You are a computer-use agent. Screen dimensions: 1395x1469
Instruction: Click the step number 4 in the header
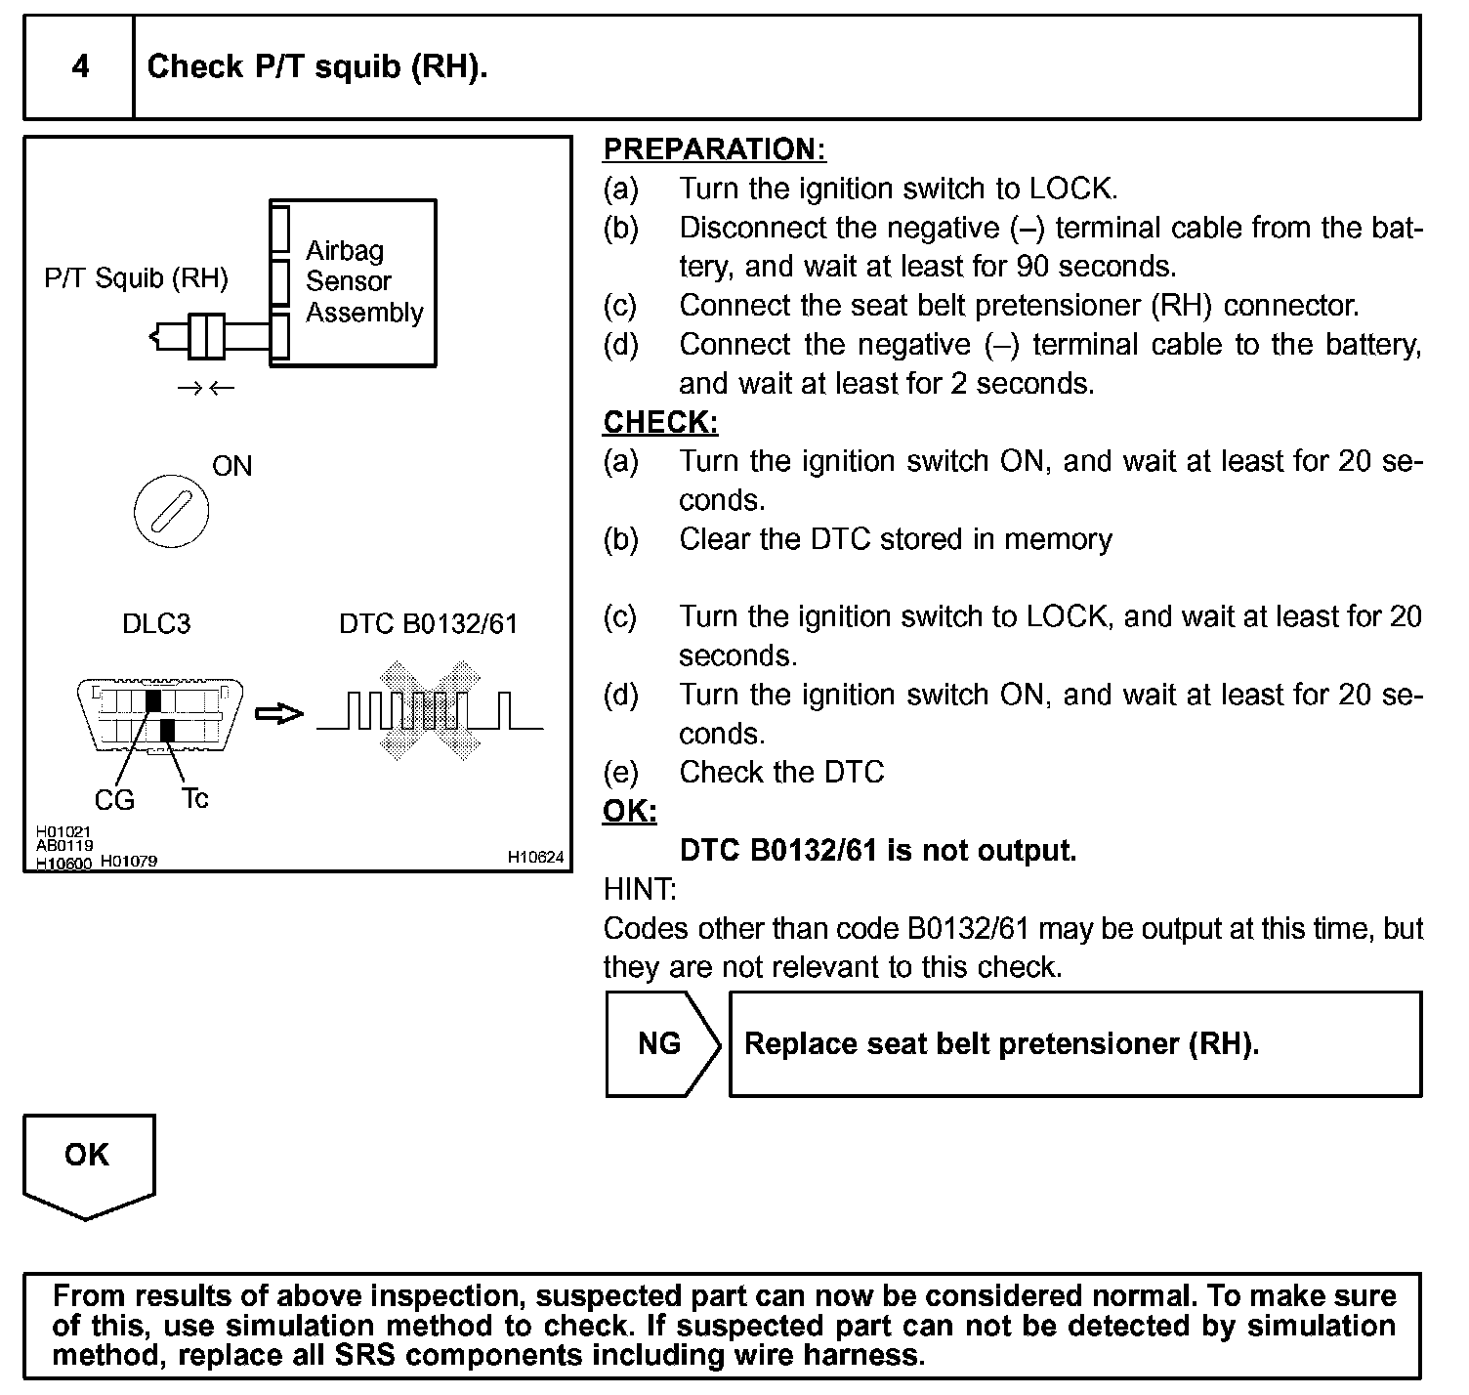pyautogui.click(x=80, y=66)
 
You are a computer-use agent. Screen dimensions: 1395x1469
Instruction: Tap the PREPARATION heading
pyautogui.click(x=714, y=149)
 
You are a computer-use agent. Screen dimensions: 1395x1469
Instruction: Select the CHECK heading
pyautogui.click(x=660, y=422)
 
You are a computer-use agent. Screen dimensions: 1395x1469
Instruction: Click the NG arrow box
pyautogui.click(x=661, y=1044)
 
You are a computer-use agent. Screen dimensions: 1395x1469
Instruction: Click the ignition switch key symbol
pyautogui.click(x=171, y=511)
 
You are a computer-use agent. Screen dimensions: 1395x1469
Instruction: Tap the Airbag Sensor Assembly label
pyautogui.click(x=363, y=281)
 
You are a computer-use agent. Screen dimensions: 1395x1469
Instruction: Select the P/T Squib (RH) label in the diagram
pyautogui.click(x=136, y=278)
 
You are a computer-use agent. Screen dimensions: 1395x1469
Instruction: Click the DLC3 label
pyautogui.click(x=156, y=623)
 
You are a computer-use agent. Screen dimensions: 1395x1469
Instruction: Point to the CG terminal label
pyautogui.click(x=114, y=800)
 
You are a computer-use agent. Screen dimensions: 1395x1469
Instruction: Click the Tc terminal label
pyautogui.click(x=194, y=798)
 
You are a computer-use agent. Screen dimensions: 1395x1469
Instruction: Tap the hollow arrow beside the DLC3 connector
pyautogui.click(x=279, y=715)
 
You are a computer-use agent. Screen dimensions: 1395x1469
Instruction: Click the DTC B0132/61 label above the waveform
pyautogui.click(x=428, y=623)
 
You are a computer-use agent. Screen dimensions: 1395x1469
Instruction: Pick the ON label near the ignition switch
pyautogui.click(x=231, y=466)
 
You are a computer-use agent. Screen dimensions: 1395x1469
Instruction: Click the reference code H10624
pyautogui.click(x=535, y=858)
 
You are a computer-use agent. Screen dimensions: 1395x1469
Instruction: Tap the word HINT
pyautogui.click(x=640, y=889)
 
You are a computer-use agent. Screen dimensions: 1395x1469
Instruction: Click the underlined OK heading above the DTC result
pyautogui.click(x=630, y=812)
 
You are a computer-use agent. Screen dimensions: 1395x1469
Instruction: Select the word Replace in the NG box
pyautogui.click(x=801, y=1044)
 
